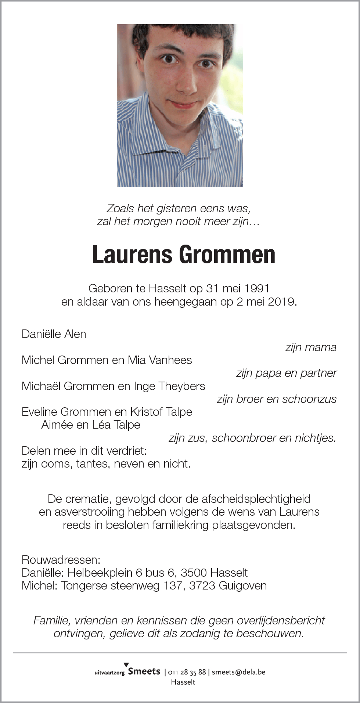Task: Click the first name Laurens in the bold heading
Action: [132, 255]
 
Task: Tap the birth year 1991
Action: [257, 288]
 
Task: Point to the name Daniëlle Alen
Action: [54, 334]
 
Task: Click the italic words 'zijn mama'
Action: [311, 347]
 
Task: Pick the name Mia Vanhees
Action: [160, 360]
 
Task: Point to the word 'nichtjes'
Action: [316, 438]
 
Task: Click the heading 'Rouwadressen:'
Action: [61, 560]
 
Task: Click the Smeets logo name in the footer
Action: [144, 671]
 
